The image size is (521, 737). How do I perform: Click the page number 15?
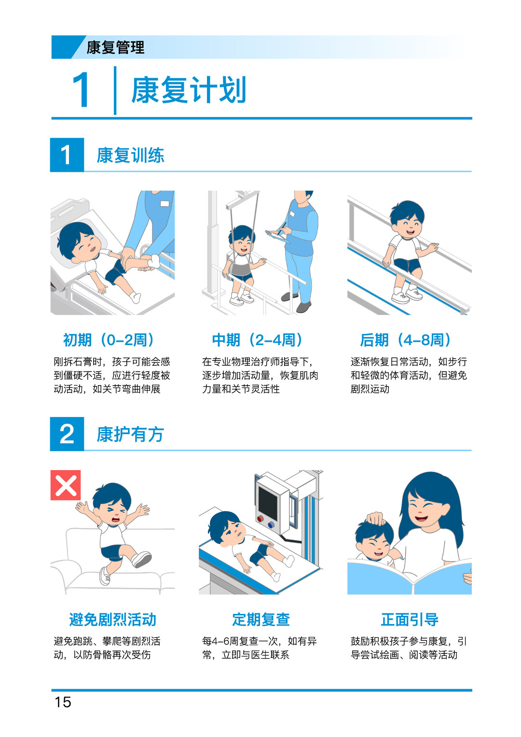(x=63, y=702)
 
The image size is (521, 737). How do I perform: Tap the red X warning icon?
(x=66, y=485)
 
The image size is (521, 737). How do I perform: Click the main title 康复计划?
(x=189, y=89)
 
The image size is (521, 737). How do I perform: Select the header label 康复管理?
(x=115, y=47)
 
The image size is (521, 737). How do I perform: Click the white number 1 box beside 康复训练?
(x=67, y=154)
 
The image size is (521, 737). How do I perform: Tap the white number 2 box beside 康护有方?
(x=67, y=434)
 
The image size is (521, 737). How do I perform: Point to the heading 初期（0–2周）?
(x=109, y=340)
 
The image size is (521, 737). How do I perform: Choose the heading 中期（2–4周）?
(x=257, y=340)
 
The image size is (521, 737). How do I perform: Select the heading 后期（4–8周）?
(x=406, y=340)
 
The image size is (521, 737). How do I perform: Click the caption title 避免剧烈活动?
(x=112, y=620)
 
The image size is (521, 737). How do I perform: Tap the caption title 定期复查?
(x=261, y=620)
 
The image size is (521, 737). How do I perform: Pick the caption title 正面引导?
(x=410, y=620)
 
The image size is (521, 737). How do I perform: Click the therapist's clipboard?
(x=277, y=236)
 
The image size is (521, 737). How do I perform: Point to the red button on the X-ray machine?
(x=260, y=519)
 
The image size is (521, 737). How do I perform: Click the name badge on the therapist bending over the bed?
(x=165, y=204)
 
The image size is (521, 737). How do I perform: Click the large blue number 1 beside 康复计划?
(x=81, y=90)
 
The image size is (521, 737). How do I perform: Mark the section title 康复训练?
(x=130, y=155)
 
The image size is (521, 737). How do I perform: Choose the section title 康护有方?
(x=130, y=434)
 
